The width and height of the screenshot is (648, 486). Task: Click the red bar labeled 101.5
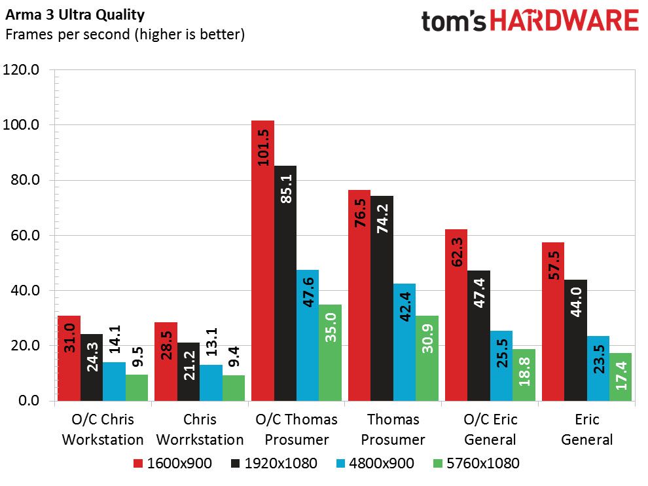coord(263,261)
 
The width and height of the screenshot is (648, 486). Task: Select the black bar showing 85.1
coord(285,284)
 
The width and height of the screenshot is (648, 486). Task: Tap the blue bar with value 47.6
coord(308,335)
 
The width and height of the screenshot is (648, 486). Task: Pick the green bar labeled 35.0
coord(330,353)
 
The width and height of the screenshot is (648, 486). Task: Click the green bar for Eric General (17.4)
coord(621,377)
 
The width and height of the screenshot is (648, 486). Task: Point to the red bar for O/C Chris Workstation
coord(69,358)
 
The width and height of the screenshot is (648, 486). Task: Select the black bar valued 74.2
coord(382,298)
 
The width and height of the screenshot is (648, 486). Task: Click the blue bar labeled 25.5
coord(501,365)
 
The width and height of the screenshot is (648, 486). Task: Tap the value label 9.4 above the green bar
coord(234,357)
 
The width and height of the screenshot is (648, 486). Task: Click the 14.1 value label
coord(115,339)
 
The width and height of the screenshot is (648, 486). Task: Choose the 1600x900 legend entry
coord(173,463)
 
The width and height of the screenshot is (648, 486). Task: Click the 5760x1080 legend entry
coord(476,463)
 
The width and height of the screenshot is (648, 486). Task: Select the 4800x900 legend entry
coord(375,463)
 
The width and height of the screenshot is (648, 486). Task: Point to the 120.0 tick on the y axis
coord(21,69)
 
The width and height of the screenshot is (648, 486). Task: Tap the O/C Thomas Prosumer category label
coord(297,429)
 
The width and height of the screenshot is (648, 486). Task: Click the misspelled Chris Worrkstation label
coord(200,429)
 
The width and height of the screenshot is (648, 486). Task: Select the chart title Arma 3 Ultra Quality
coord(75,15)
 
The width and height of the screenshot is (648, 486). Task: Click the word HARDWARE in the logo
coord(564,21)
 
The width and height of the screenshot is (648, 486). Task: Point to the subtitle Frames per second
coord(68,34)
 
